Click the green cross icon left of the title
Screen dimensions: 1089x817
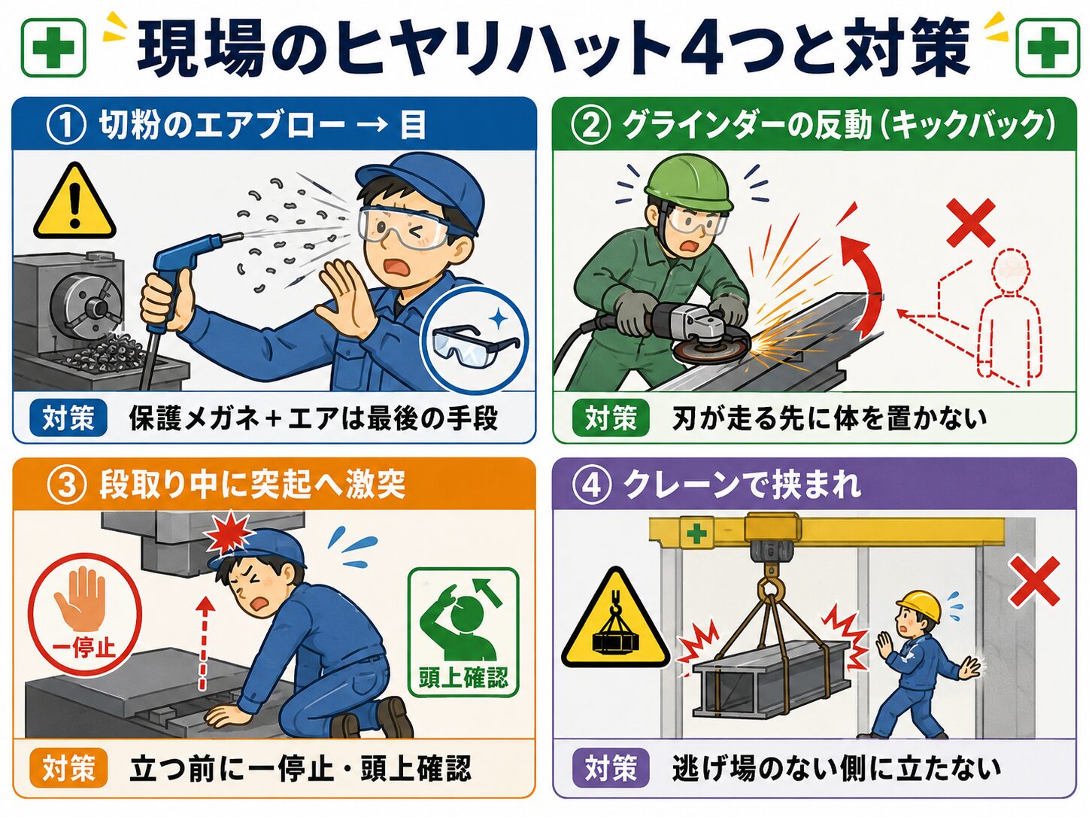(x=53, y=47)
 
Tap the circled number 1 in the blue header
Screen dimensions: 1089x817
(x=66, y=126)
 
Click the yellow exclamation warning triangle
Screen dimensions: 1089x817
(x=74, y=202)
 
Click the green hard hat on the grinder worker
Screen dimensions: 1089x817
(x=687, y=181)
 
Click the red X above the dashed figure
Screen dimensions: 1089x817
(x=970, y=223)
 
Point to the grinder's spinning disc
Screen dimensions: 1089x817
(x=711, y=349)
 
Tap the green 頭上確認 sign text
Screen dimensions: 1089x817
(x=463, y=677)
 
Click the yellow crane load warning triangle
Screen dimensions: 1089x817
(x=615, y=622)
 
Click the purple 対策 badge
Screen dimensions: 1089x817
(x=611, y=768)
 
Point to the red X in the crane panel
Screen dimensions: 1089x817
(x=1035, y=582)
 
